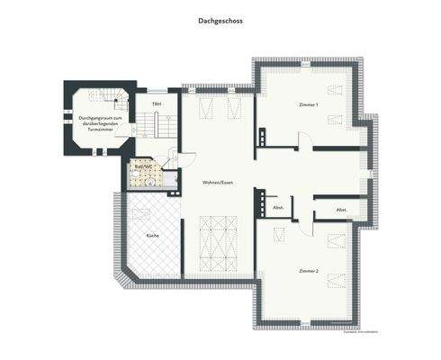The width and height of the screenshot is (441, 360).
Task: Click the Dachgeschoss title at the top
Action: (220, 19)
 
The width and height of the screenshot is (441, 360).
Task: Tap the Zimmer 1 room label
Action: (309, 104)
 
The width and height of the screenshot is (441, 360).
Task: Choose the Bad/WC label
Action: (142, 166)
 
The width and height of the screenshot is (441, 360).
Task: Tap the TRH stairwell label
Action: (157, 104)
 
